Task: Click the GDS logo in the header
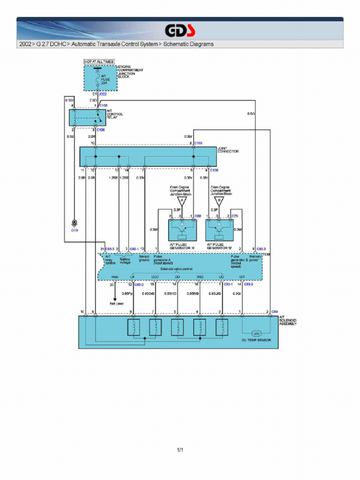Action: click(180, 31)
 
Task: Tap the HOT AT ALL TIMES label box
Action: click(99, 62)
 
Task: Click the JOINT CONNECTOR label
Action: click(228, 150)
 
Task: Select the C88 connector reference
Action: click(198, 216)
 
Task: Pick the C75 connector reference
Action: click(235, 216)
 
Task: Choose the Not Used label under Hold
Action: click(117, 303)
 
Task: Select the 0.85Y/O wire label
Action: click(170, 293)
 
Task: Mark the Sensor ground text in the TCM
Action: click(144, 258)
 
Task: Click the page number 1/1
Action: click(180, 450)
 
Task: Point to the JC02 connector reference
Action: click(103, 94)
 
